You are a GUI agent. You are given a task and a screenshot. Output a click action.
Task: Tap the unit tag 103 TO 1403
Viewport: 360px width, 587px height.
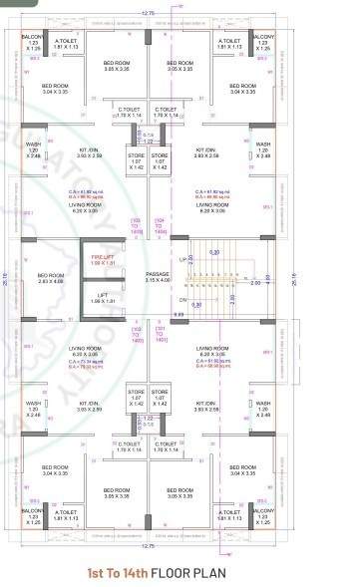137,227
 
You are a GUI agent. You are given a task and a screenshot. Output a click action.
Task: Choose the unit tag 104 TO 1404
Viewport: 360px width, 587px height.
163,227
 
